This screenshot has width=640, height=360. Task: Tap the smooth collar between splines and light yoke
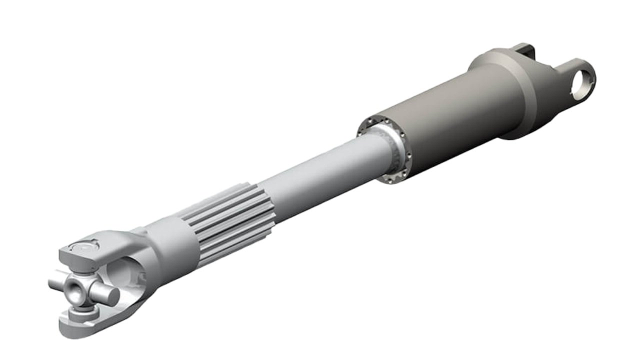coord(170,245)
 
